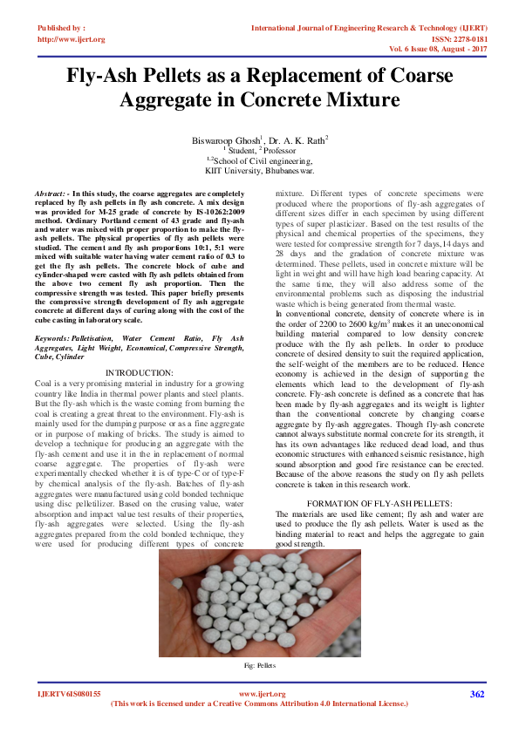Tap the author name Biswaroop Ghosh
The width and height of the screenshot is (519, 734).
(225, 139)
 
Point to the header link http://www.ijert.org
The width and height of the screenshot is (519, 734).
(72, 39)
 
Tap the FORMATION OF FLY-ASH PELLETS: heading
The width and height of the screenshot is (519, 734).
(392, 505)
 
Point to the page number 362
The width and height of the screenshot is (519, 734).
(476, 694)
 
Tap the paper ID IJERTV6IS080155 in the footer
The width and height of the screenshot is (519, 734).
(69, 694)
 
